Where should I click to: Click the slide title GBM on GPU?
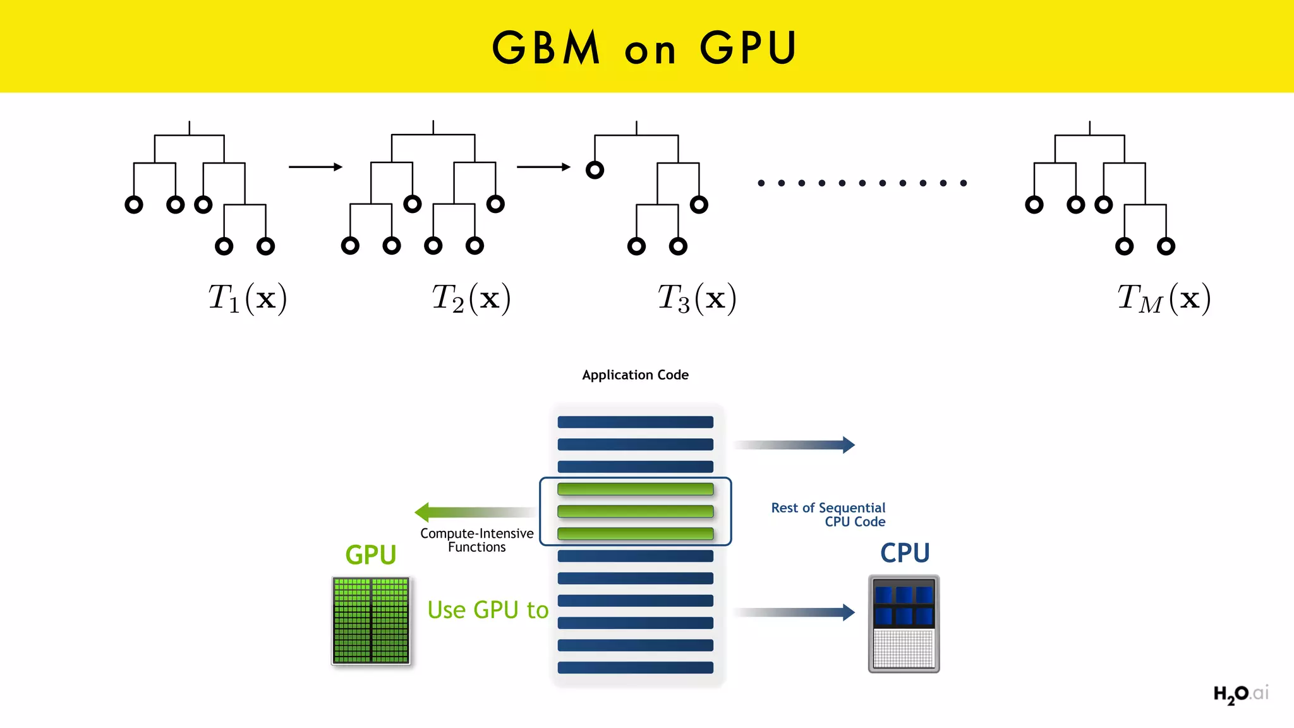click(644, 47)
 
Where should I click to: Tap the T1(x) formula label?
click(248, 298)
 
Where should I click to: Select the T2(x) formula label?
click(471, 298)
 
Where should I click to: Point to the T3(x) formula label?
click(697, 298)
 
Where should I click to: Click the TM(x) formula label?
click(1164, 298)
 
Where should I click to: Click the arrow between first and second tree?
click(315, 167)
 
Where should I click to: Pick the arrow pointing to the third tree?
click(543, 167)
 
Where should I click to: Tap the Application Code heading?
click(635, 375)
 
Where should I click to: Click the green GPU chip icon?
click(371, 621)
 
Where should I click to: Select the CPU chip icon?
click(904, 624)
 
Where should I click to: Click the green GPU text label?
click(371, 555)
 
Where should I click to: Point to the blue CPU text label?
click(905, 553)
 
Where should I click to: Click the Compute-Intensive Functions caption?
click(477, 540)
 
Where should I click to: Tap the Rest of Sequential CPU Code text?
click(829, 514)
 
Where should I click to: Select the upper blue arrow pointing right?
click(794, 445)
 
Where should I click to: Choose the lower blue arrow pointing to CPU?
click(794, 612)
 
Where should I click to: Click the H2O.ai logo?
click(1240, 694)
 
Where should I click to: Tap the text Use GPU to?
click(488, 610)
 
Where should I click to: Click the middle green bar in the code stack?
click(635, 511)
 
